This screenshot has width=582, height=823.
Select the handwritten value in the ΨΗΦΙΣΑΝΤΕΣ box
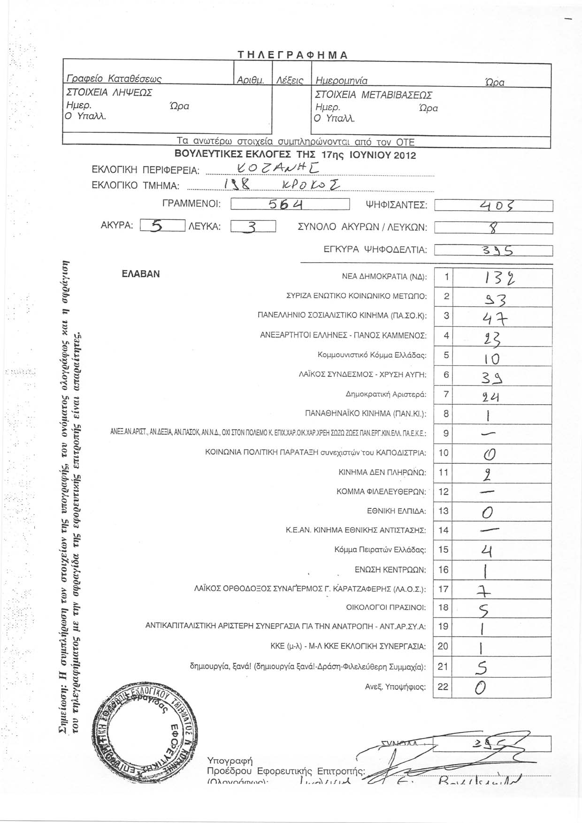click(x=493, y=205)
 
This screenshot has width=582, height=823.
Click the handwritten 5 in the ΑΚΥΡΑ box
click(x=158, y=227)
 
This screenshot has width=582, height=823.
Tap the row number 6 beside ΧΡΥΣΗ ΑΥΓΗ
click(x=446, y=375)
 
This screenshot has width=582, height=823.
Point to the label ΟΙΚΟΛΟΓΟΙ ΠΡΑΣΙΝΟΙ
click(x=386, y=608)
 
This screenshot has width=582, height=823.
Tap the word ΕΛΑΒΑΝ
click(x=141, y=274)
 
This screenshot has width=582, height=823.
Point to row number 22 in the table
click(x=443, y=687)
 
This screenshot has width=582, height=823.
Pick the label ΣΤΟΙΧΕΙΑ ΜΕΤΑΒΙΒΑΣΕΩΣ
click(x=374, y=95)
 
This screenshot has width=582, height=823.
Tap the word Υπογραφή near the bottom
click(x=230, y=760)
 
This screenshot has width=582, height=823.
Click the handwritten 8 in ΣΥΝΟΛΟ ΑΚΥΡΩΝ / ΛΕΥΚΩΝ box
click(x=493, y=228)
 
